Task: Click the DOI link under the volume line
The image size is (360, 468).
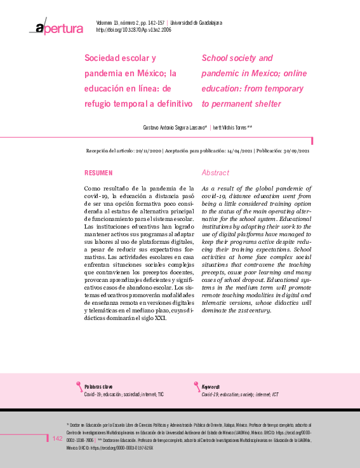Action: pos(134,30)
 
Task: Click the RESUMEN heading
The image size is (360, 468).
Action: pos(98,173)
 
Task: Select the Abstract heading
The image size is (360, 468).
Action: pos(215,173)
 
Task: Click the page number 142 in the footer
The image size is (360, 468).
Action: pos(57,439)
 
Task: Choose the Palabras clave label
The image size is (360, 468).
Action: pos(98,387)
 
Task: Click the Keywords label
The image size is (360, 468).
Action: pos(211,387)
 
